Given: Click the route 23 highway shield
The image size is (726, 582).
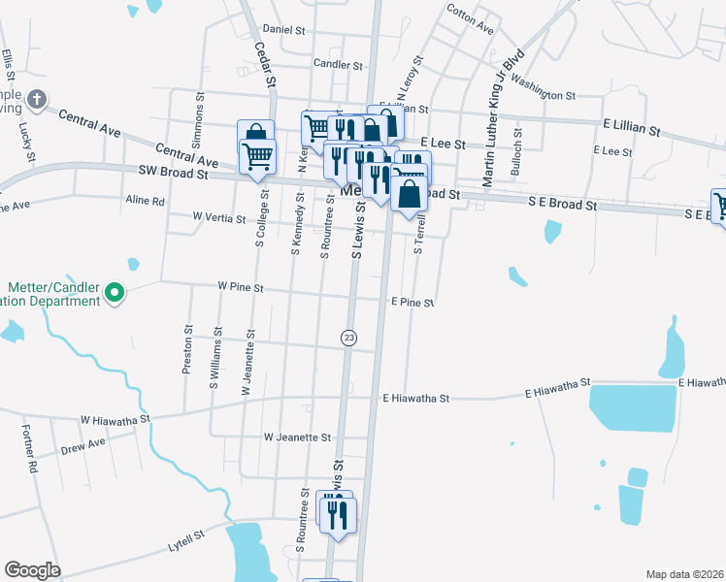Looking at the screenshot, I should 348,338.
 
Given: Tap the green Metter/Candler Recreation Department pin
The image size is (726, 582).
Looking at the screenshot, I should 115,290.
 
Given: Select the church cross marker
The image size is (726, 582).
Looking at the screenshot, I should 37,100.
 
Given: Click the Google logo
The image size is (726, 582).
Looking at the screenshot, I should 32,570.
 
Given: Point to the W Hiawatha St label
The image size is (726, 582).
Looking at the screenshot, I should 115,420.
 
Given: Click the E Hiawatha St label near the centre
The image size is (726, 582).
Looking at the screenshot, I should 416,398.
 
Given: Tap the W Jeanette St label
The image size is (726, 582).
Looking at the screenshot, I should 298,437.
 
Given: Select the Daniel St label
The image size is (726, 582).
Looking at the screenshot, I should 284,30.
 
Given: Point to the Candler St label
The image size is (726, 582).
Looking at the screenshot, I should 338,65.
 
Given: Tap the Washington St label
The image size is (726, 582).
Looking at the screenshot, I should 543,89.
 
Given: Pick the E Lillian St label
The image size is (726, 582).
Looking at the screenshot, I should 631,128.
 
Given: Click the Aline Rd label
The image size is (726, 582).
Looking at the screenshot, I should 146,201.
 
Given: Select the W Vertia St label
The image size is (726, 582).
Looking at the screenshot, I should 218,218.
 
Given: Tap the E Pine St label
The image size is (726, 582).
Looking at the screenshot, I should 412,303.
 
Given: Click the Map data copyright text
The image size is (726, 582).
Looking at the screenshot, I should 684,573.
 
